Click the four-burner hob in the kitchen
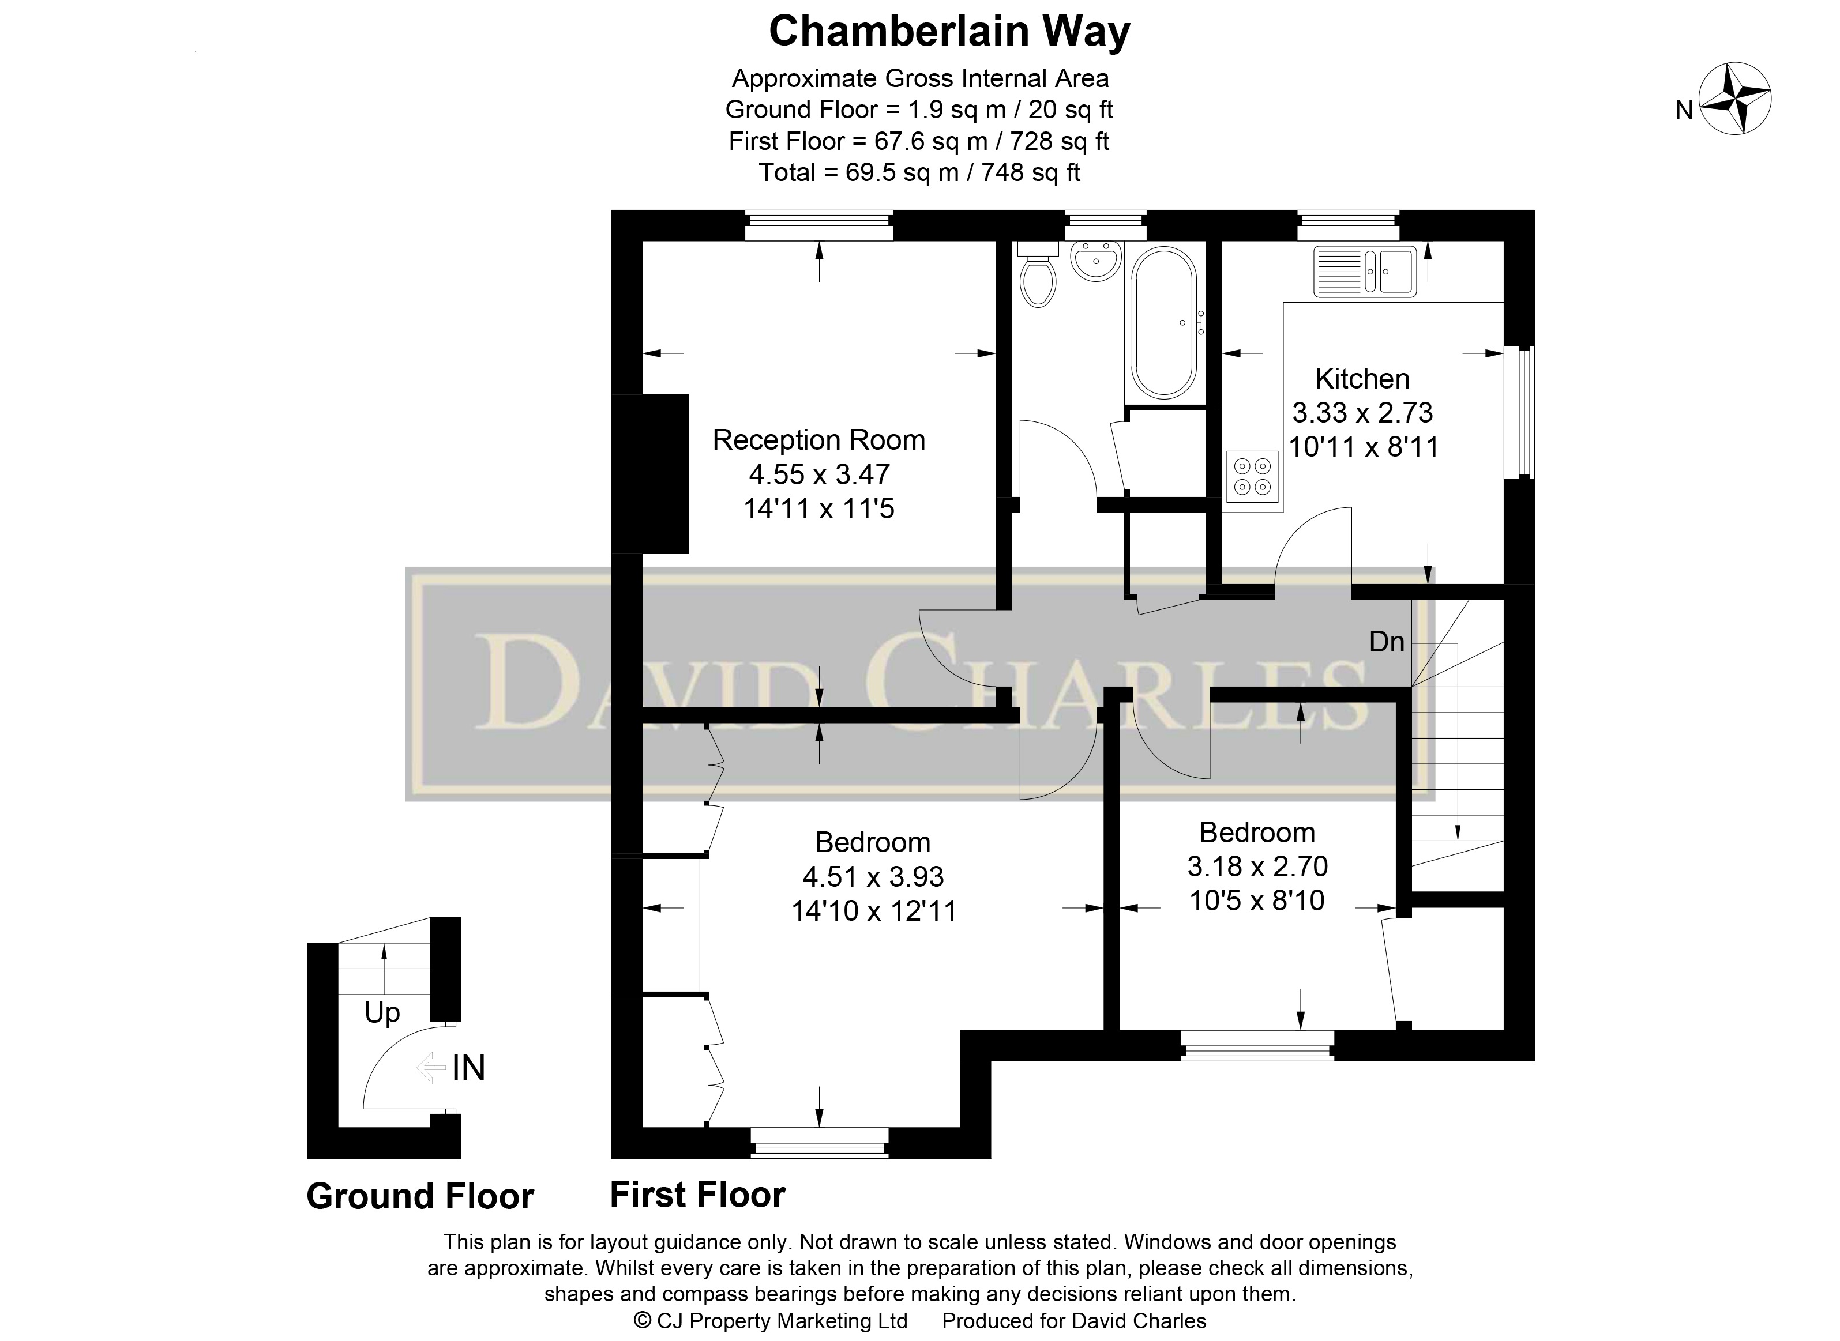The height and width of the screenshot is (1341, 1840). click(1252, 476)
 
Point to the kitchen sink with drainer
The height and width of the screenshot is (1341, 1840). click(1365, 270)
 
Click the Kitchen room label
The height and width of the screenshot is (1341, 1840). click(1362, 379)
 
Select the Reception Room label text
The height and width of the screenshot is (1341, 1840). click(818, 440)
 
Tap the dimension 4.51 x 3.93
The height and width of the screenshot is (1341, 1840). click(873, 877)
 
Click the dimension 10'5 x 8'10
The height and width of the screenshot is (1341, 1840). click(1257, 900)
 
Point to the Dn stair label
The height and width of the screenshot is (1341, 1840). click(1386, 642)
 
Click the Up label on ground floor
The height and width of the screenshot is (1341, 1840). click(382, 1013)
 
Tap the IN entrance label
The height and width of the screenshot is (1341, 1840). click(468, 1068)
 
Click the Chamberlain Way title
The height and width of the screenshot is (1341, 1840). click(948, 32)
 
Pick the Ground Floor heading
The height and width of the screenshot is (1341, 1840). click(420, 1196)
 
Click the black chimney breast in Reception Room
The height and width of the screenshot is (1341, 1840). click(649, 474)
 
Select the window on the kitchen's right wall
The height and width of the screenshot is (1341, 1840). click(1519, 412)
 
